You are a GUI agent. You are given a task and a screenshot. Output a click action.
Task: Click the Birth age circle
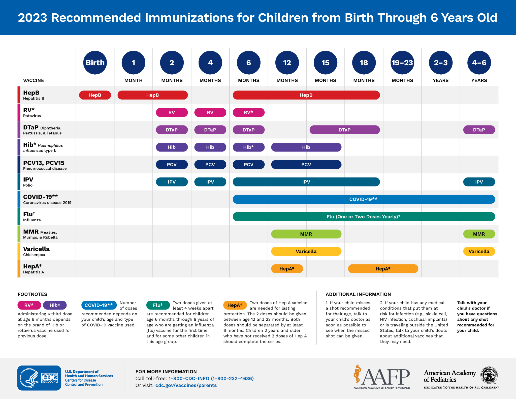(95, 63)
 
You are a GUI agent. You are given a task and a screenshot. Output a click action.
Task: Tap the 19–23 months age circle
(402, 63)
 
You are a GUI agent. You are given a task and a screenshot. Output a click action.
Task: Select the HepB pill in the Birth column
(95, 95)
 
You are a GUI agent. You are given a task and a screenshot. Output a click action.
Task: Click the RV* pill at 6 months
(248, 112)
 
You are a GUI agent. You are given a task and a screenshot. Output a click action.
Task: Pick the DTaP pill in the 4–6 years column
(479, 130)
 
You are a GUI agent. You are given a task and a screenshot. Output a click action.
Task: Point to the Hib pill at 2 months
(172, 147)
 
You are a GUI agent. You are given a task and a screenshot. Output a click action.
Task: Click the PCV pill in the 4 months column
(210, 165)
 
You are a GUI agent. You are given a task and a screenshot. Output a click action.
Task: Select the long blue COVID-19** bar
(364, 199)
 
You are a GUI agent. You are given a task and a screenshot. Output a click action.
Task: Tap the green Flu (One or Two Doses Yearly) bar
(364, 217)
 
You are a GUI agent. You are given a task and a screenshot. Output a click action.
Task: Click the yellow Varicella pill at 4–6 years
(479, 251)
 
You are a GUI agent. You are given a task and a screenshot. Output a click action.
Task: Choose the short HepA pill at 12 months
(287, 269)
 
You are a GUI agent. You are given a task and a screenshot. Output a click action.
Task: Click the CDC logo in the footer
(39, 378)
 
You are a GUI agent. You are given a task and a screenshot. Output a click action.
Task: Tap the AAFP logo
(382, 377)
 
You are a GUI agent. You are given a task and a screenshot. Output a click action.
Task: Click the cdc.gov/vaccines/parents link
(186, 385)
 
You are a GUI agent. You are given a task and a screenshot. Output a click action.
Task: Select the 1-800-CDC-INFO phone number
(211, 379)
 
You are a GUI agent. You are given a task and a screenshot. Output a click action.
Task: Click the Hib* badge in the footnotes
(55, 305)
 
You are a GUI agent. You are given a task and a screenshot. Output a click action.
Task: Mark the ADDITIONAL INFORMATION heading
(358, 294)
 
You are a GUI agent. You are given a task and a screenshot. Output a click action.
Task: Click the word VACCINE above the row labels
(34, 80)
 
